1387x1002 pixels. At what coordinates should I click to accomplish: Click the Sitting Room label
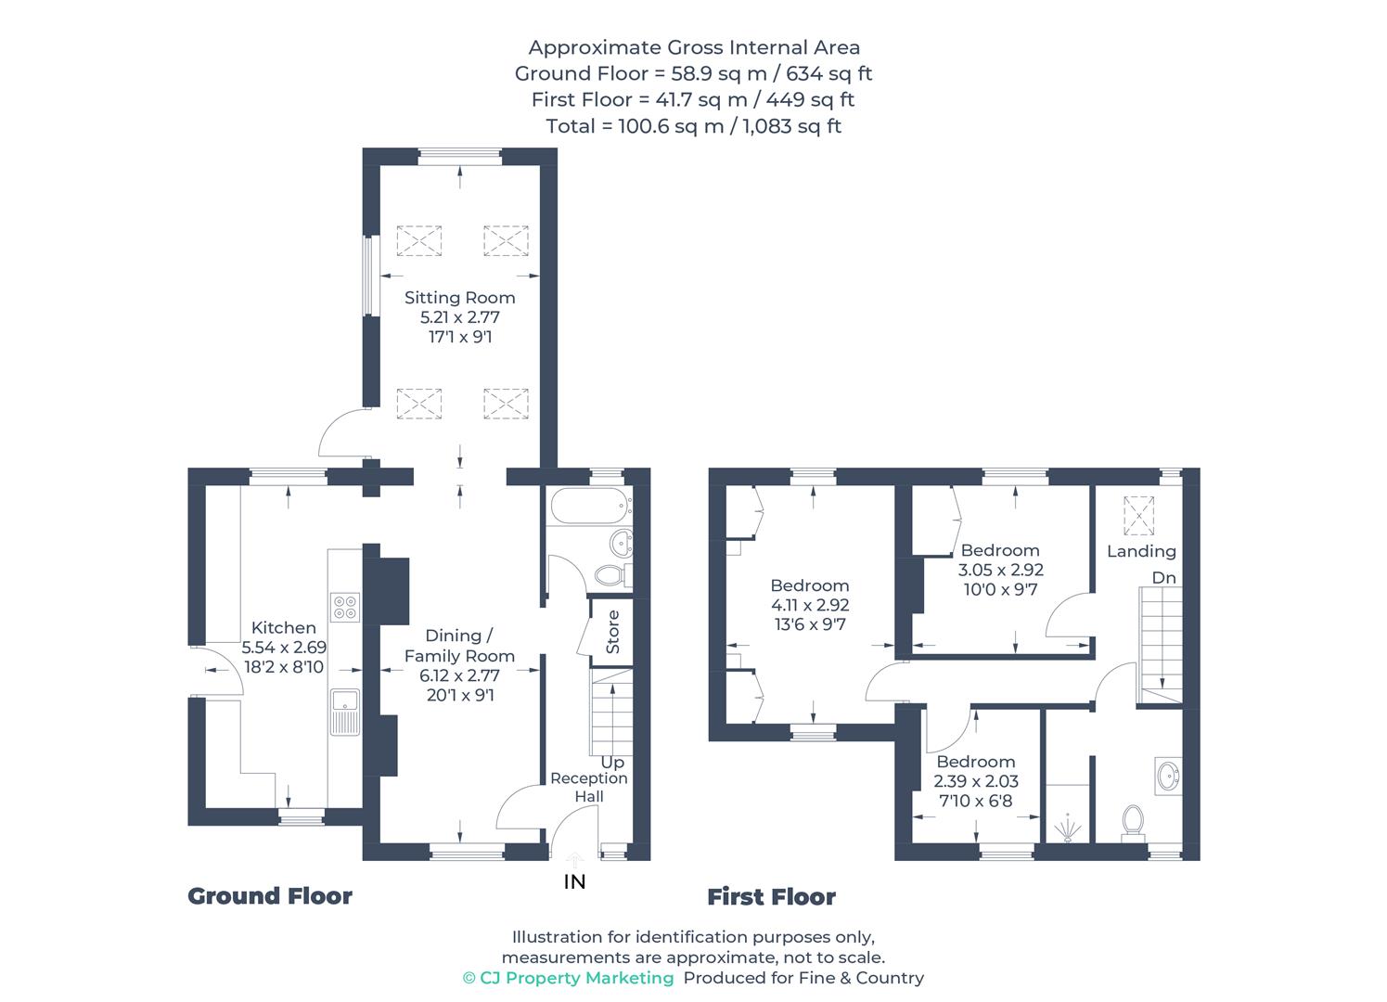click(459, 298)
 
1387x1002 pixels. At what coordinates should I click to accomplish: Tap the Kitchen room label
click(283, 628)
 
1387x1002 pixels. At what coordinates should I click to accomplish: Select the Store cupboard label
click(612, 632)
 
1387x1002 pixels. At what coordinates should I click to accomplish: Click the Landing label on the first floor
click(1141, 551)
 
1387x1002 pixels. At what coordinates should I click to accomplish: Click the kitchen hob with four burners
click(344, 606)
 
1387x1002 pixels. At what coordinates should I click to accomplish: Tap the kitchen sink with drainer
click(344, 712)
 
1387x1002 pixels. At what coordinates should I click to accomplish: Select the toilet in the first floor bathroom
click(1132, 822)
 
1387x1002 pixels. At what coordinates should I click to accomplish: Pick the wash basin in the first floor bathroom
click(1168, 775)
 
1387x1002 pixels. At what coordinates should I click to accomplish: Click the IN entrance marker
click(574, 881)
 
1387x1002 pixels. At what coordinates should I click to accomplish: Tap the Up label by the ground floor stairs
click(612, 762)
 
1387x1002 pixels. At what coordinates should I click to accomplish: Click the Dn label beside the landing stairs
click(1163, 577)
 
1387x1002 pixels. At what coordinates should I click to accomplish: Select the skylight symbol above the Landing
click(1137, 516)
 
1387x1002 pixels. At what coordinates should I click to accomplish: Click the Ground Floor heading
click(270, 896)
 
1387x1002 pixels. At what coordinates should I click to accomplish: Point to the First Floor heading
click(771, 897)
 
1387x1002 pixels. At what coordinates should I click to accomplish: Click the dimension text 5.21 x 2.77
click(459, 317)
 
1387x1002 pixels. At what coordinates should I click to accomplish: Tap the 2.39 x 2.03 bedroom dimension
click(975, 781)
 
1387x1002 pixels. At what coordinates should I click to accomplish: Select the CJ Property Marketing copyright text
click(568, 978)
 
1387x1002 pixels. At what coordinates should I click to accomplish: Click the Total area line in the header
click(693, 126)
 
